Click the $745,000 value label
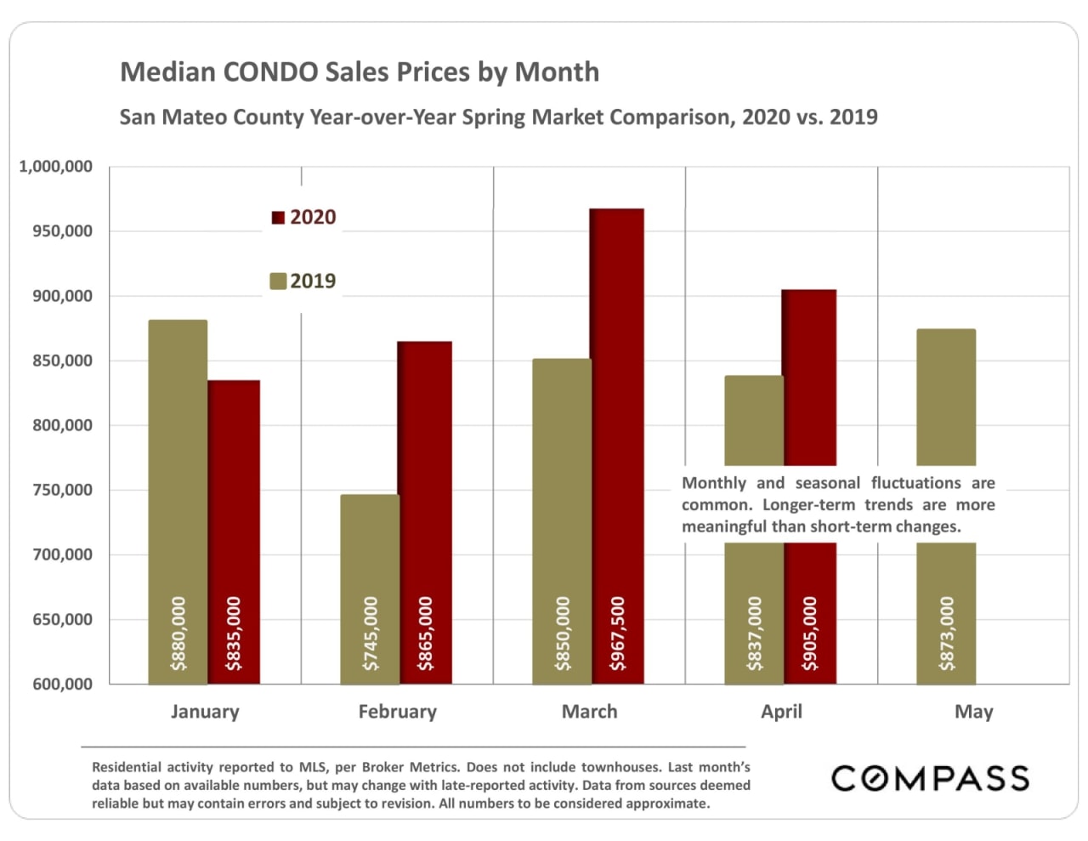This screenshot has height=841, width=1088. tap(371, 634)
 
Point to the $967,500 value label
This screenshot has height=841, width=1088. tap(618, 634)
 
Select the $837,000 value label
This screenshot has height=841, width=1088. tap(755, 634)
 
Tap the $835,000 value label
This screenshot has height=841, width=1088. tap(234, 634)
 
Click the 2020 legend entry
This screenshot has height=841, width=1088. tap(303, 218)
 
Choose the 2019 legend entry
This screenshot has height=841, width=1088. tap(303, 281)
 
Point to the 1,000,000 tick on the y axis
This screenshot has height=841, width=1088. tap(56, 167)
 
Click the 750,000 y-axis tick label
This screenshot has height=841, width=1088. tap(63, 490)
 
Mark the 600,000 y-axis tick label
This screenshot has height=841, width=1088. tap(63, 684)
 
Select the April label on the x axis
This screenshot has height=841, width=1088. tap(781, 712)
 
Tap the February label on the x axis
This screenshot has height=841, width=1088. tap(397, 712)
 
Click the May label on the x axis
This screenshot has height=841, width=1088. tap(973, 712)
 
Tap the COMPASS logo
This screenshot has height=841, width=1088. tap(930, 778)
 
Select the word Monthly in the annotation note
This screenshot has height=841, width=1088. tap(714, 483)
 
